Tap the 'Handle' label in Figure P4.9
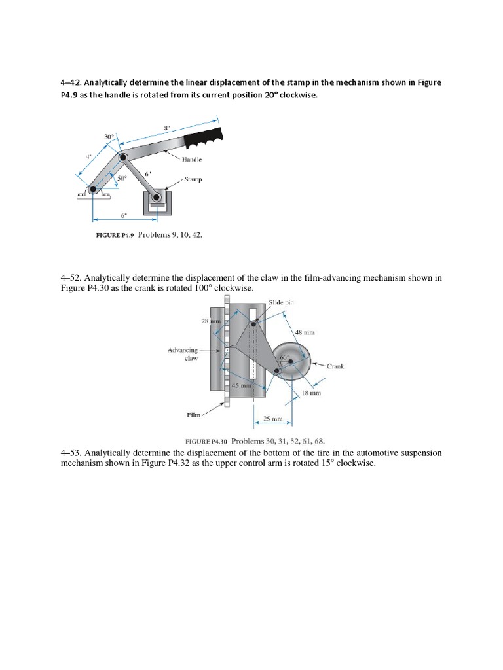click(192, 159)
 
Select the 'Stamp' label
click(193, 178)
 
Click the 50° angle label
click(121, 177)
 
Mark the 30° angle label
click(109, 137)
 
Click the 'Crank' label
click(335, 366)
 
